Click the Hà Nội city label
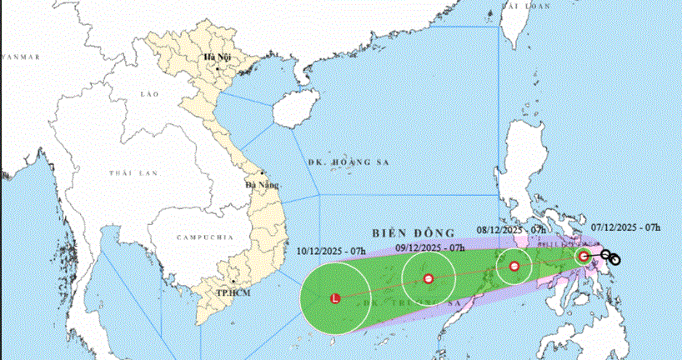(217, 57)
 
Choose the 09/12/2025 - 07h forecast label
(429, 247)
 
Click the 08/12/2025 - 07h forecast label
(511, 229)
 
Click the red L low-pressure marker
(335, 297)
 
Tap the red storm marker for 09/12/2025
(429, 278)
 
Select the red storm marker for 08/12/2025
(514, 267)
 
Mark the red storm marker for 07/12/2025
(584, 256)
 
